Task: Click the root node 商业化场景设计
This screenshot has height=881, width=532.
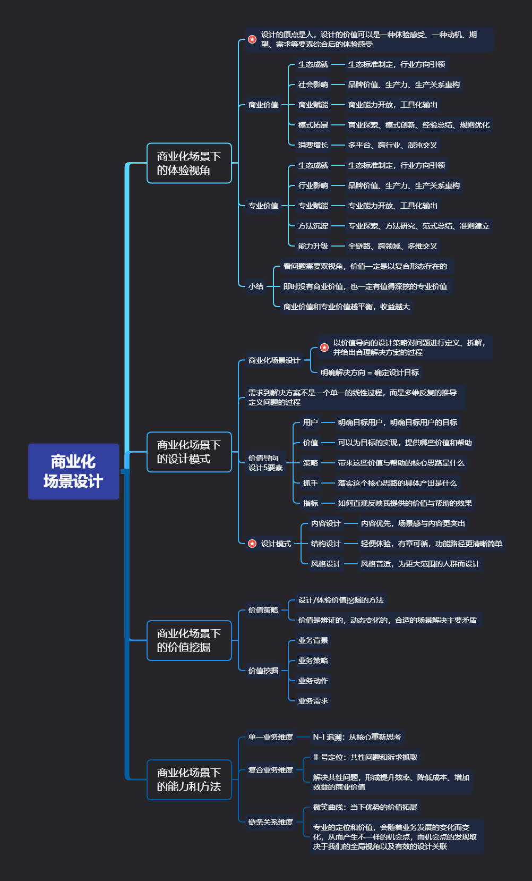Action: (73, 471)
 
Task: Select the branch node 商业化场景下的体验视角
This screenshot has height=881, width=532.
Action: (189, 163)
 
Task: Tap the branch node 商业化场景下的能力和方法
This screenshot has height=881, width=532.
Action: (189, 780)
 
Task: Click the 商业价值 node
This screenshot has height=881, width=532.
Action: (263, 105)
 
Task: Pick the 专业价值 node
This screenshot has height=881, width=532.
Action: (263, 206)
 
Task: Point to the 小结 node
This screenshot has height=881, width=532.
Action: (256, 286)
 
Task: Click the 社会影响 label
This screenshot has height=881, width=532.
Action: (313, 84)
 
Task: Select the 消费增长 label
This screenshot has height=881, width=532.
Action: (313, 145)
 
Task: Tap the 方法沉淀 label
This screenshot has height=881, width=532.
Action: (313, 226)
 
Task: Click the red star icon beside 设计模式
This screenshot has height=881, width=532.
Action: (252, 544)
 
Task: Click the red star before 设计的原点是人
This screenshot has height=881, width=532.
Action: (252, 39)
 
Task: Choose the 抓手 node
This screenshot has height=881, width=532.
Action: (311, 483)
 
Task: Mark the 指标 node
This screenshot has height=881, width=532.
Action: (311, 503)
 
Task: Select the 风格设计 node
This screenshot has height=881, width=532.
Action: (325, 564)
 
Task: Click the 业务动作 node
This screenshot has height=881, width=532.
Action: (313, 681)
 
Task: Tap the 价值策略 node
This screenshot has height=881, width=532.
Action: (263, 610)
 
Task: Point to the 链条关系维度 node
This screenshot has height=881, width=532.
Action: (271, 822)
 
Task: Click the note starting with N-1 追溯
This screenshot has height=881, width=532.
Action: (357, 737)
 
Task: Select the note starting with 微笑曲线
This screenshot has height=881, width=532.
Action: (365, 807)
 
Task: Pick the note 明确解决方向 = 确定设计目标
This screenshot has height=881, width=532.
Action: (370, 372)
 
